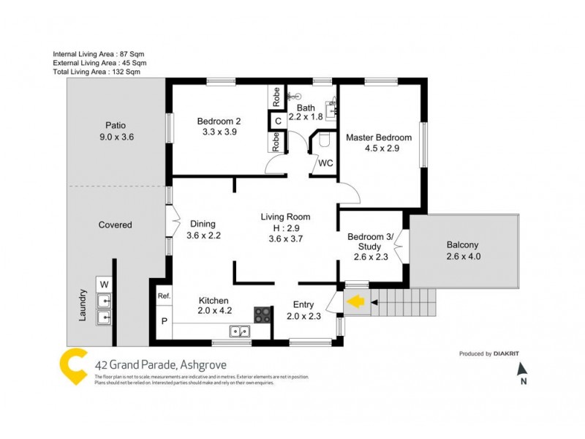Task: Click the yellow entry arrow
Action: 355,301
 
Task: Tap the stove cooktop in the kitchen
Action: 263,315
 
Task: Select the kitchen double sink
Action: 239,331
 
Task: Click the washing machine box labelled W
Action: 104,283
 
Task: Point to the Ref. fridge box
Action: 164,296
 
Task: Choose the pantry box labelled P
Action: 163,321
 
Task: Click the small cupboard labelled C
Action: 277,121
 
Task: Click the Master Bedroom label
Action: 378,138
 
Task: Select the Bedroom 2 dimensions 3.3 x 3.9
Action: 219,132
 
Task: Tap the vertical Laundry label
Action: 83,305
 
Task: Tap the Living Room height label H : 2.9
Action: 285,228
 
